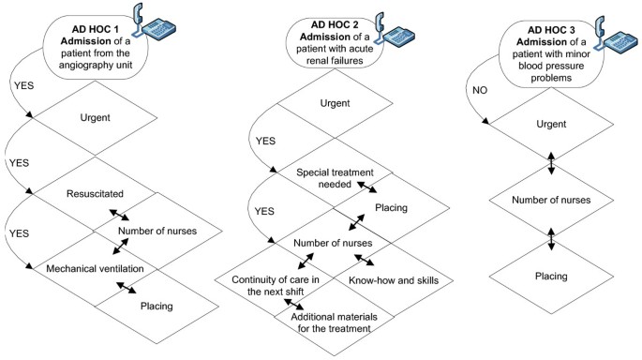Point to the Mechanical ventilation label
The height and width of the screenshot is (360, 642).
coord(97,269)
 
